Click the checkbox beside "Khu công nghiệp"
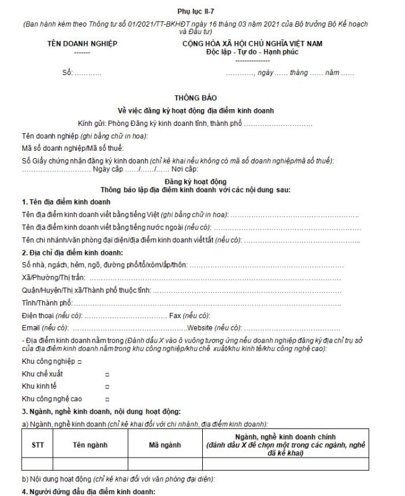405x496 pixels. coord(79,361)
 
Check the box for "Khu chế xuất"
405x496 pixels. coord(107,374)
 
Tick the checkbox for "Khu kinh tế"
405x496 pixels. coord(107,386)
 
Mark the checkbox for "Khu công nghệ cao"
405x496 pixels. coord(107,399)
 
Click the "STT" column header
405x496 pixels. coord(37,445)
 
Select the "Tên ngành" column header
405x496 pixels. coord(90,445)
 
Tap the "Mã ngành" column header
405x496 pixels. coord(165,445)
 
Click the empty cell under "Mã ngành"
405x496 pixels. coord(165,463)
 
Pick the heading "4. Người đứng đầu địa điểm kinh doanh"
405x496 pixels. coord(87,492)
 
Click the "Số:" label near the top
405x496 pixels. coord(67,73)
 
